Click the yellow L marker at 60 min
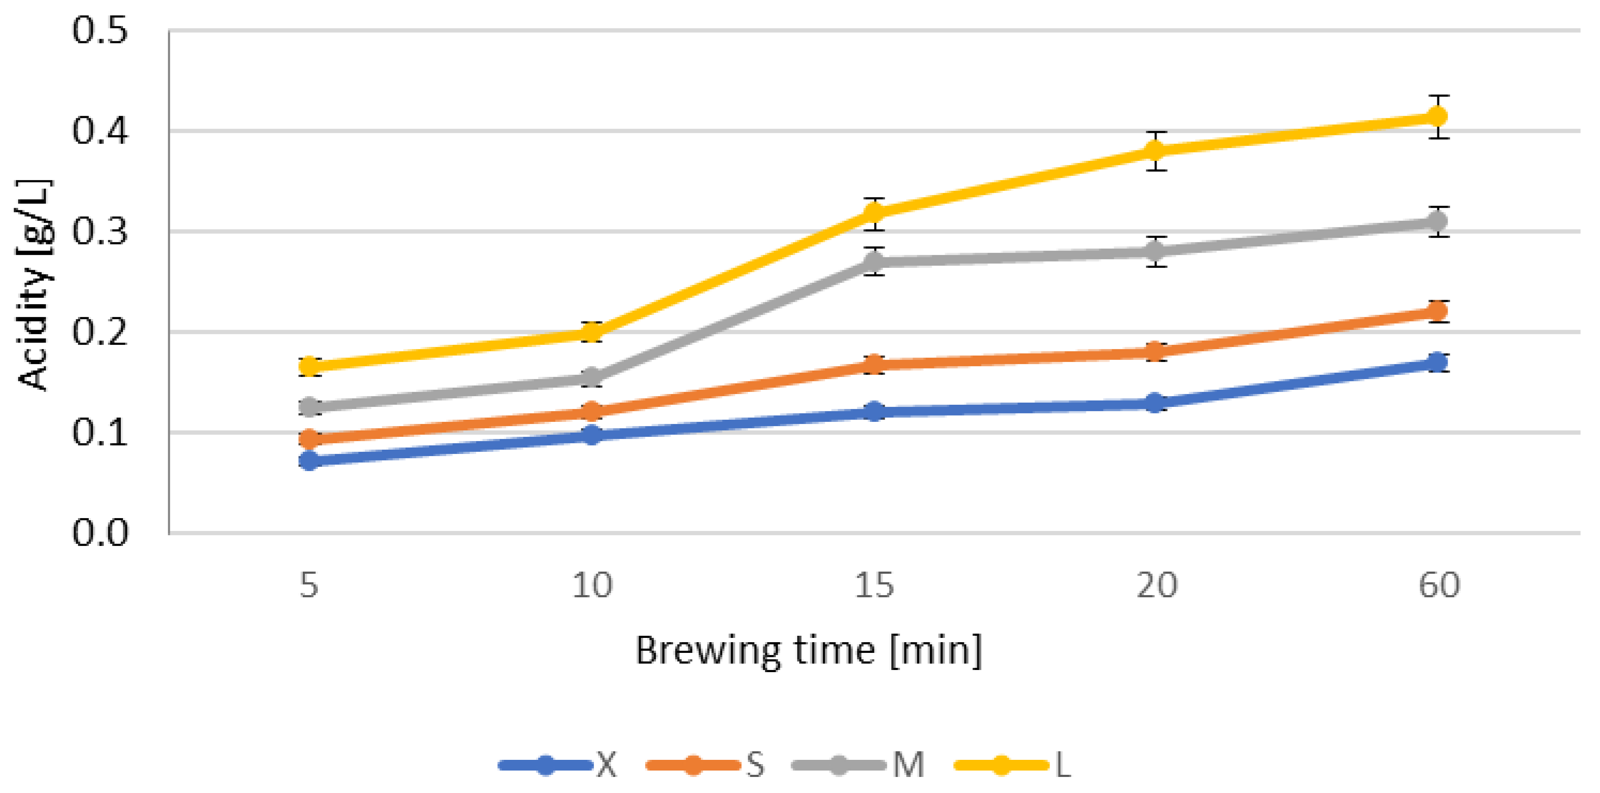pyautogui.click(x=1437, y=116)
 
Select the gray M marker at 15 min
pyautogui.click(x=874, y=261)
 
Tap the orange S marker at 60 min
pyautogui.click(x=1437, y=311)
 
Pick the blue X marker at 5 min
pyautogui.click(x=309, y=461)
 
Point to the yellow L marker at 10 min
pyautogui.click(x=592, y=332)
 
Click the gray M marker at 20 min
pyautogui.click(x=1155, y=251)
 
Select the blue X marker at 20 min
pyautogui.click(x=1155, y=403)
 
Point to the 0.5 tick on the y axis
pyautogui.click(x=100, y=30)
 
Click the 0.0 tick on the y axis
pyautogui.click(x=100, y=533)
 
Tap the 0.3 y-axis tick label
pyautogui.click(x=100, y=231)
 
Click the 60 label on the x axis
pyautogui.click(x=1438, y=586)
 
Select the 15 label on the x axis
pyautogui.click(x=874, y=586)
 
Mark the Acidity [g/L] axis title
pyautogui.click(x=34, y=284)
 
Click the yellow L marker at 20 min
pyautogui.click(x=1155, y=151)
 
